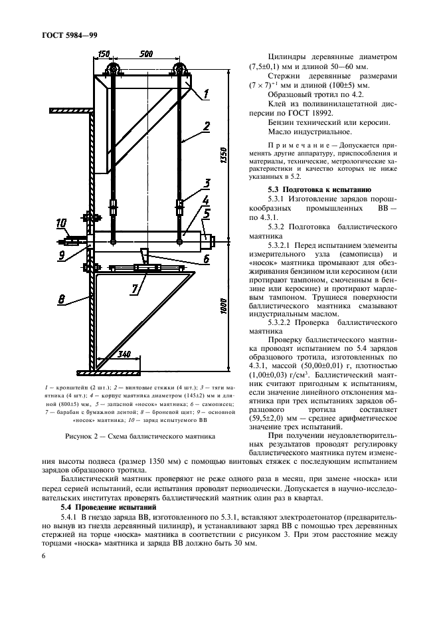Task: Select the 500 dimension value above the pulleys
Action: click(148, 54)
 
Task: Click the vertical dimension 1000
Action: click(224, 306)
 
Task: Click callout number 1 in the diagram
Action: click(206, 94)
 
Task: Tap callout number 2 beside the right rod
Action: click(207, 125)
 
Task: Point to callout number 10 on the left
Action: click(61, 223)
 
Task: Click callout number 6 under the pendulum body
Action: click(207, 259)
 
